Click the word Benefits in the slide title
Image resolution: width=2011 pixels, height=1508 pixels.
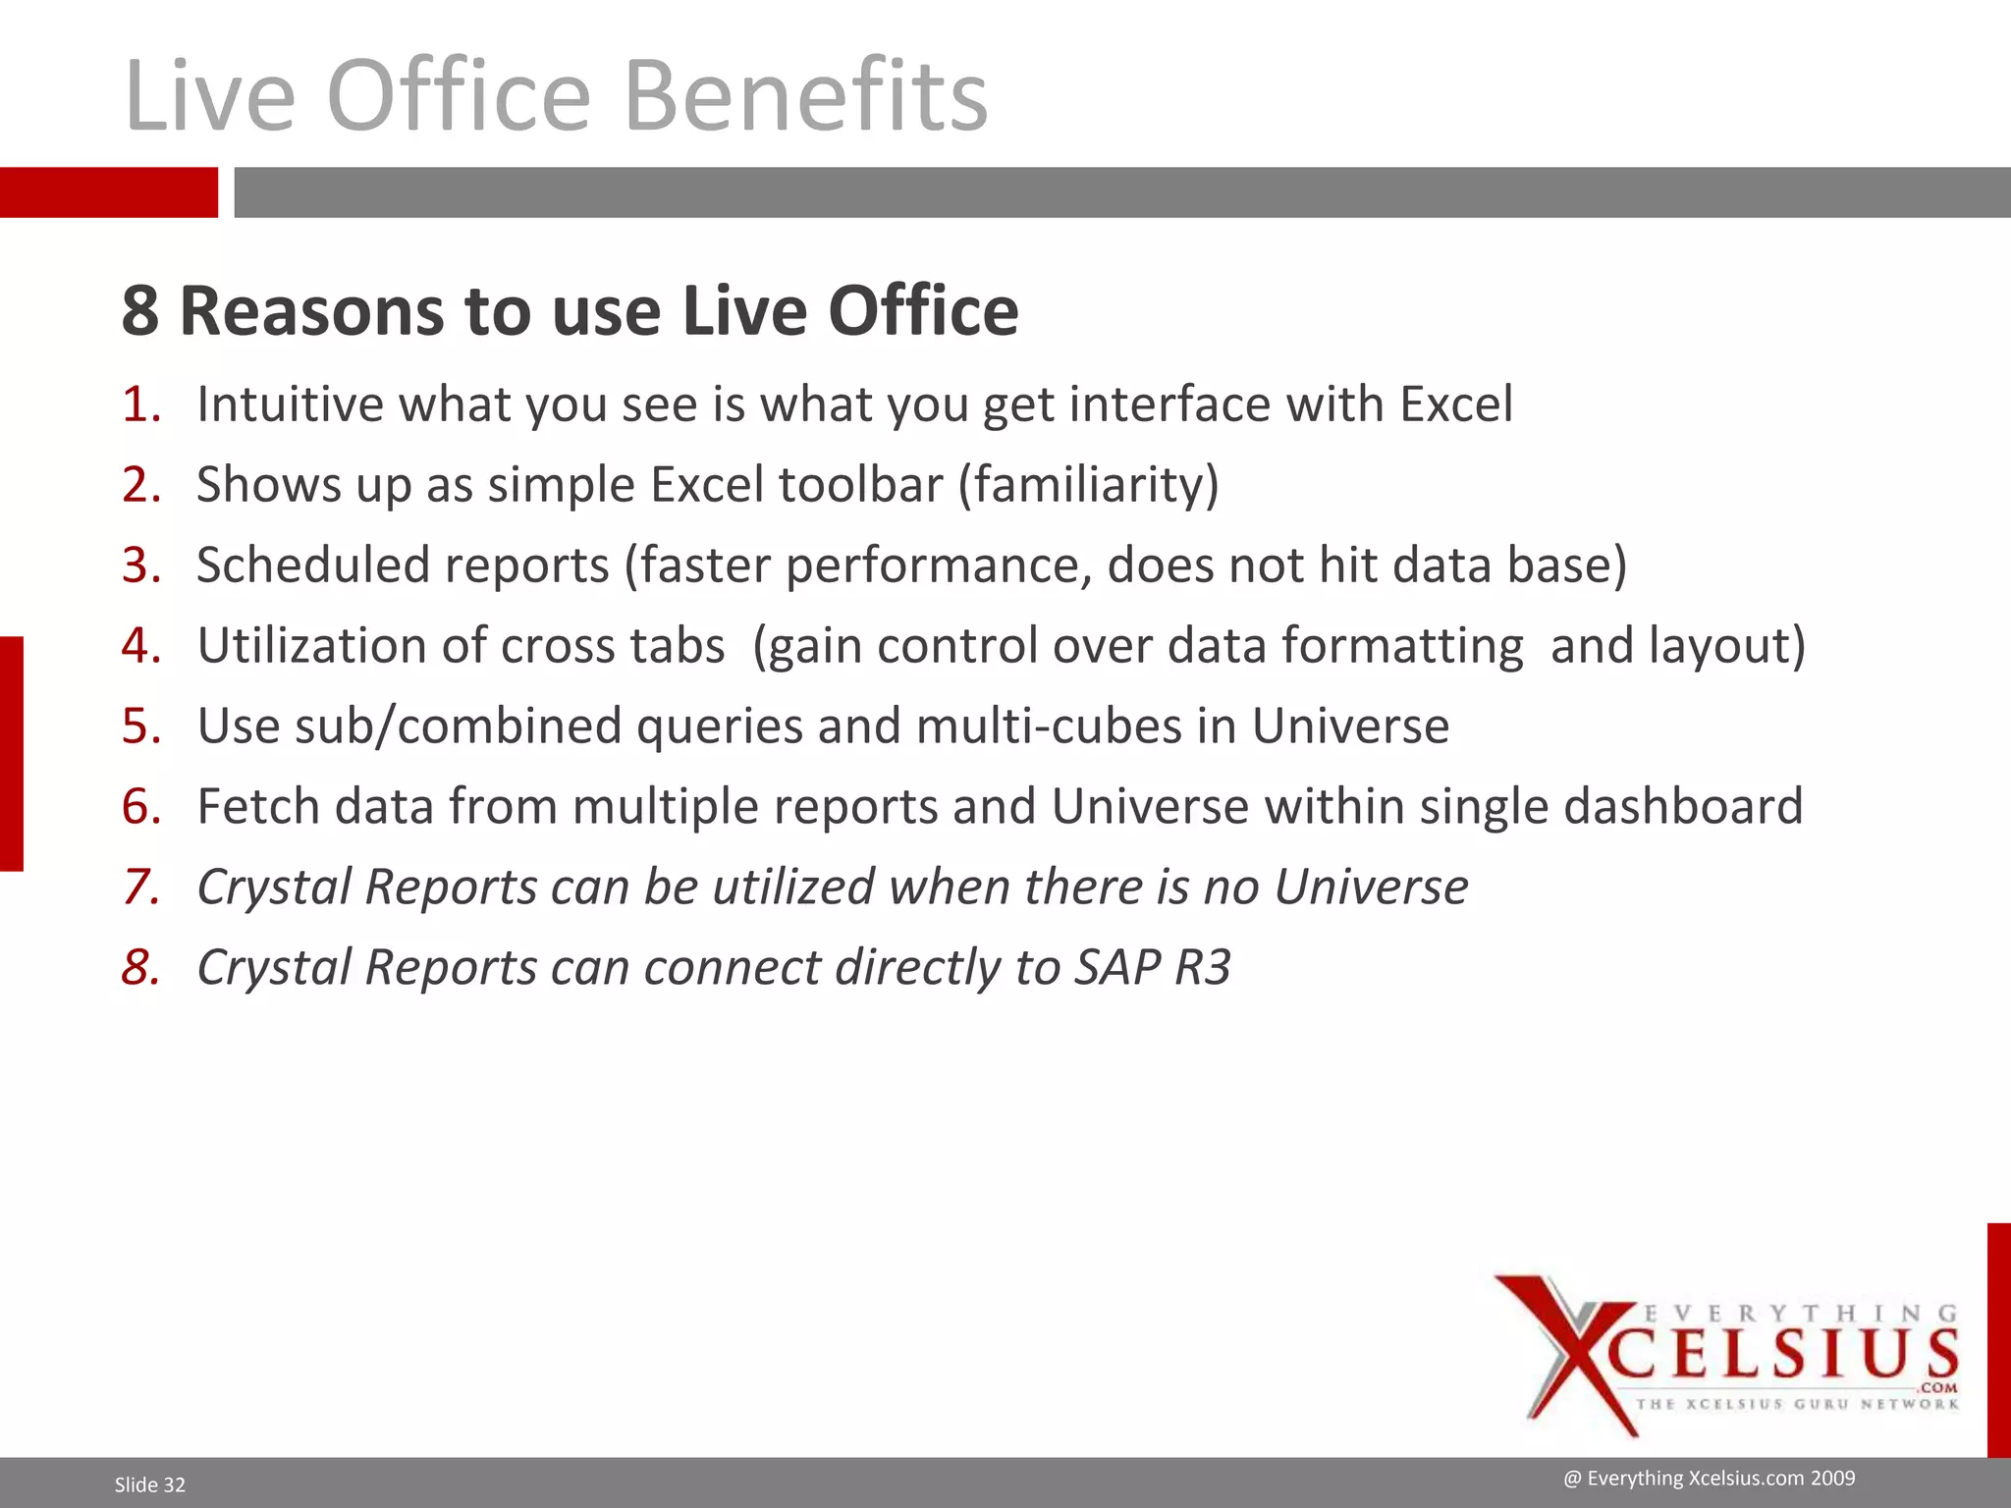pyautogui.click(x=805, y=95)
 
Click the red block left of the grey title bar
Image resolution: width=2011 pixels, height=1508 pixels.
pyautogui.click(x=108, y=191)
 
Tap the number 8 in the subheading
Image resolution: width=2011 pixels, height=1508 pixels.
pyautogui.click(x=140, y=311)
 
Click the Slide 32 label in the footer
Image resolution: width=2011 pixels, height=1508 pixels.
pyautogui.click(x=149, y=1484)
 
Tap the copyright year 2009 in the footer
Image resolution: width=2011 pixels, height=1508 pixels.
pyautogui.click(x=1832, y=1479)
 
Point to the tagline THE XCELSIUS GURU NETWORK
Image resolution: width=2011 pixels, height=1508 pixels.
pyautogui.click(x=1797, y=1404)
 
